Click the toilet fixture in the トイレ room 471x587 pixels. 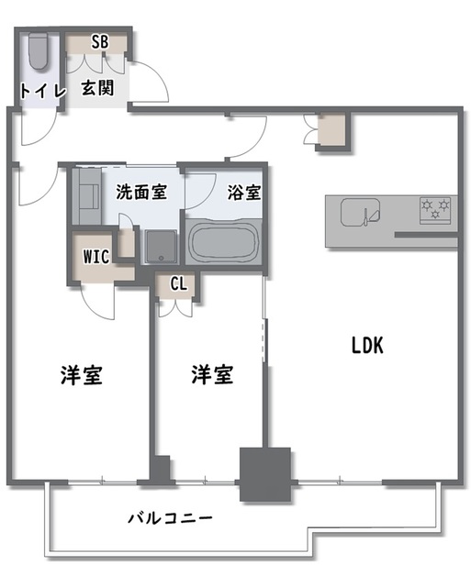[x=38, y=52]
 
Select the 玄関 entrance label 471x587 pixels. [x=96, y=89]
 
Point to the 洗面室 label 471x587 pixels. [x=141, y=193]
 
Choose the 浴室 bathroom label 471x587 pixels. [x=243, y=193]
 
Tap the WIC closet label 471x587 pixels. [x=96, y=257]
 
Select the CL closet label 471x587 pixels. [x=178, y=283]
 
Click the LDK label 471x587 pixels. [x=371, y=346]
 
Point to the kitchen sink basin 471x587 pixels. [x=358, y=214]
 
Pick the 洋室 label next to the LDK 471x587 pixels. [x=212, y=374]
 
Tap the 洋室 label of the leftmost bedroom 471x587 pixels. [x=81, y=374]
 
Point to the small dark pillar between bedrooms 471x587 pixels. [x=160, y=469]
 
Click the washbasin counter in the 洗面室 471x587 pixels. [x=90, y=194]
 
